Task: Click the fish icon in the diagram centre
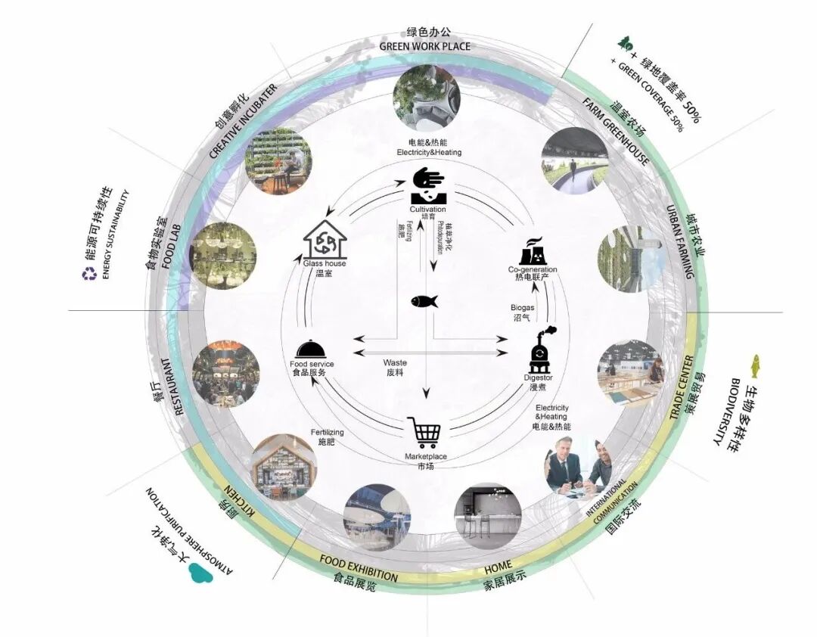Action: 424,301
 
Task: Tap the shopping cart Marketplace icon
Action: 424,432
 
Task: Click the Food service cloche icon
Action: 312,349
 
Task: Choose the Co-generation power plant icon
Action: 533,251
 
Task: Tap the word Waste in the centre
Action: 395,363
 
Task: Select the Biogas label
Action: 523,308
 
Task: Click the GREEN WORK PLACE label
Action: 424,46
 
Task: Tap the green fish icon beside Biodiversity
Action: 753,366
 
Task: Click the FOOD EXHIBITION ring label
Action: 359,567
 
